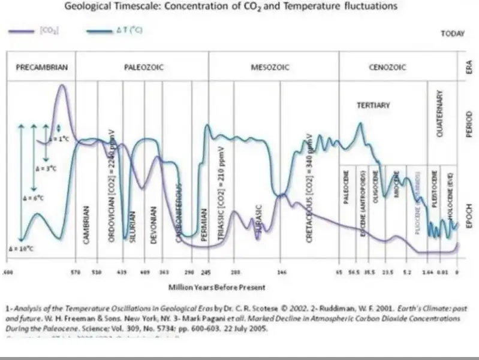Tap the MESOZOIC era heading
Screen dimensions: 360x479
(270, 68)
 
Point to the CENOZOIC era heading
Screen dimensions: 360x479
(387, 68)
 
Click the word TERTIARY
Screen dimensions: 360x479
(373, 105)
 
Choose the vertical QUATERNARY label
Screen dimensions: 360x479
(439, 114)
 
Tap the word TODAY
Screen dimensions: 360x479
(453, 34)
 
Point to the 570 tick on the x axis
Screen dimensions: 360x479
(76, 271)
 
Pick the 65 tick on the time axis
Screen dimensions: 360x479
(339, 271)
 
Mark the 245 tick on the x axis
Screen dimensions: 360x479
(207, 271)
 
